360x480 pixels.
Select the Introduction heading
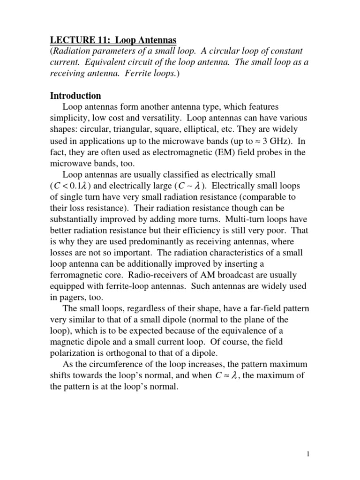point(75,96)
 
